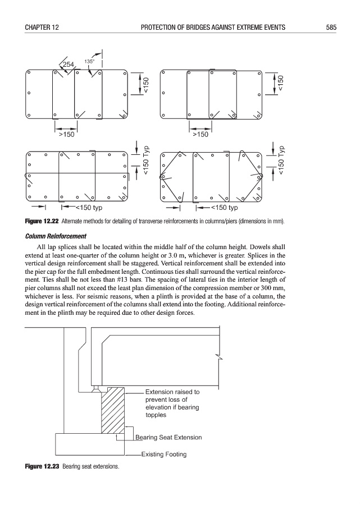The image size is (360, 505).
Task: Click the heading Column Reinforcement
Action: coord(59,235)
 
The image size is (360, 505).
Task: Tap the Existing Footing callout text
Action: coord(164,454)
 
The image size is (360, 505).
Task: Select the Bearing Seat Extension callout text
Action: coord(168,437)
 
